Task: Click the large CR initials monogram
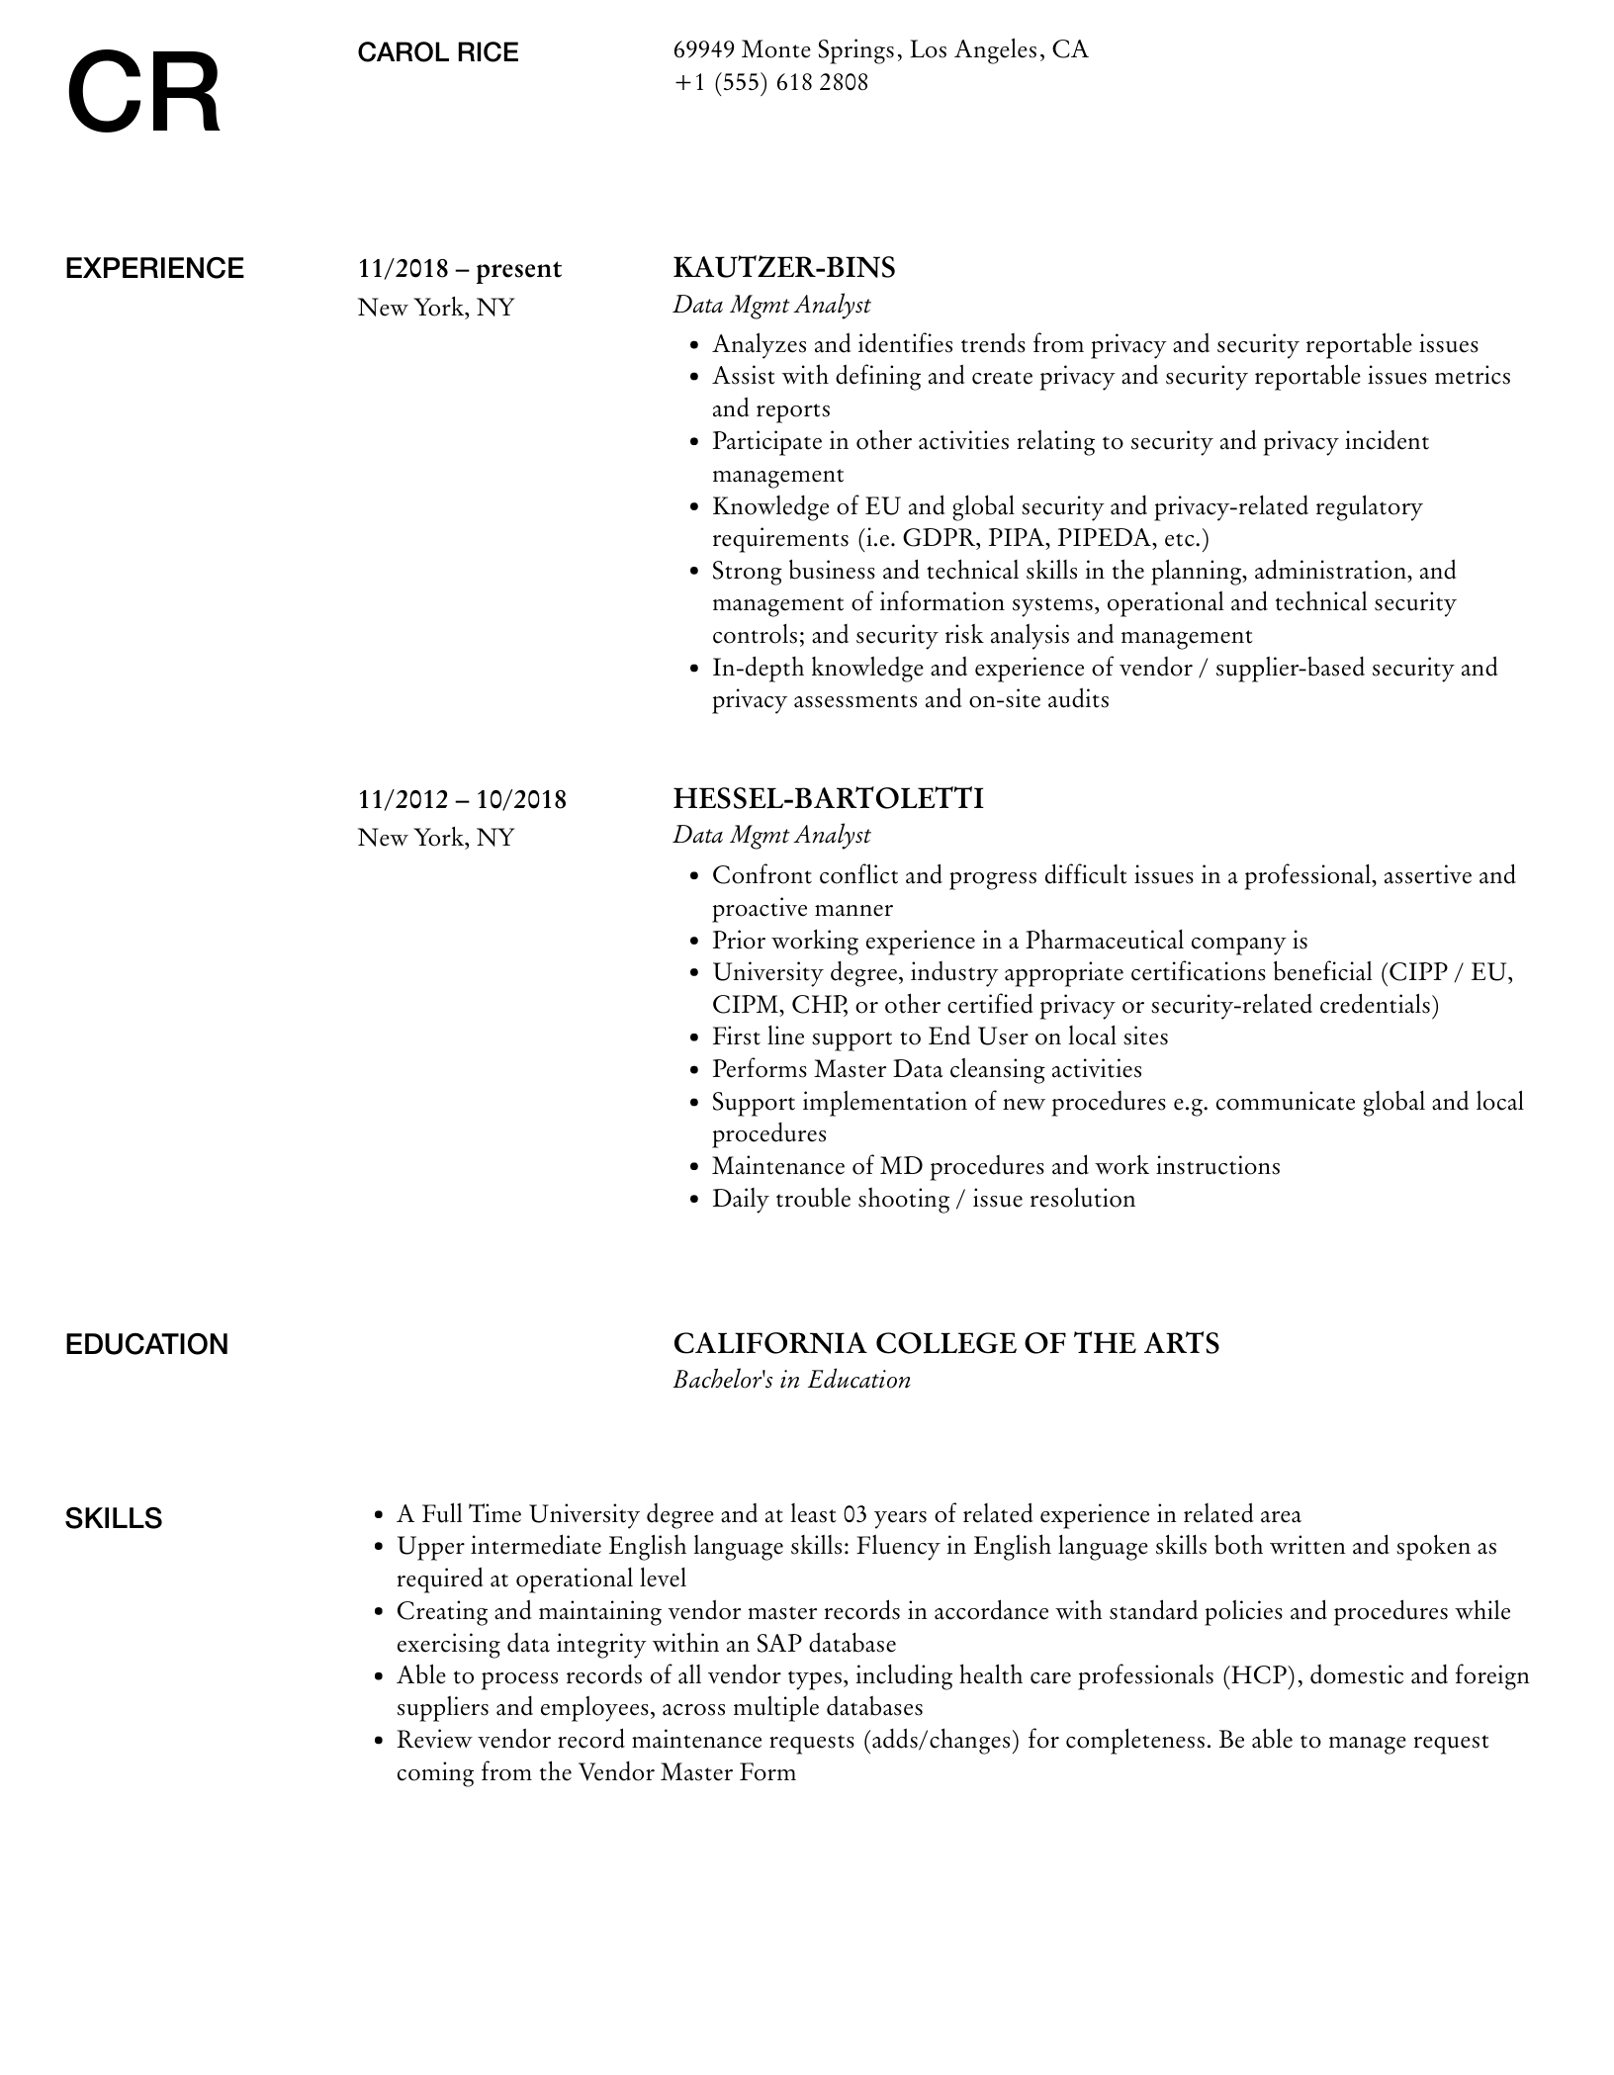144,95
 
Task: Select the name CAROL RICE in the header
437,53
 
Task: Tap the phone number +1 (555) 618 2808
770,83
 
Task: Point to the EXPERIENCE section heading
154,269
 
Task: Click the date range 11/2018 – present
459,269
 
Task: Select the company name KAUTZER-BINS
783,268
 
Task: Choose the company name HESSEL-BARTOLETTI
828,798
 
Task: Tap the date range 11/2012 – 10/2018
462,799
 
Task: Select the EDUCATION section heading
146,1345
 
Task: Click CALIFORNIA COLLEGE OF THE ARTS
945,1344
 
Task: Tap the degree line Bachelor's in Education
791,1381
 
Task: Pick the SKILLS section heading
114,1519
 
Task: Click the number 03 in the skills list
855,1515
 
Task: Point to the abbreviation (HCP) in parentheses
1258,1676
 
